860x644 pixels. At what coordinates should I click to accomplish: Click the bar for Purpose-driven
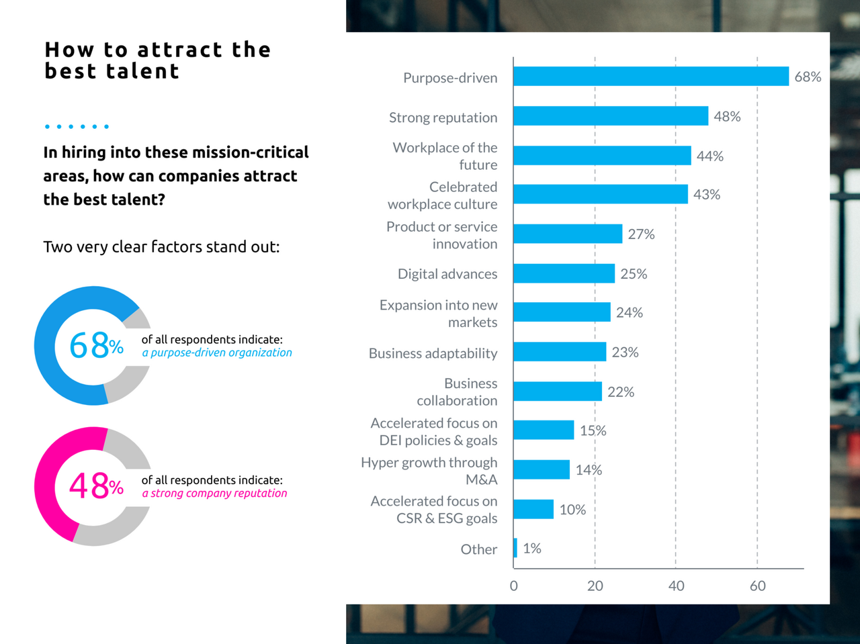point(650,77)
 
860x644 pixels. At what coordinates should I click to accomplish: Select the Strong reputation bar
point(610,116)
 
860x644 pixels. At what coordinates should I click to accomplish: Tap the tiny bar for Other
point(515,548)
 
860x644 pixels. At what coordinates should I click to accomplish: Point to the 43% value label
point(707,195)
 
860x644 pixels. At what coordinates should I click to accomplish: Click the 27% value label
point(641,234)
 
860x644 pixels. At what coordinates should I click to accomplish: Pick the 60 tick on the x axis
point(757,586)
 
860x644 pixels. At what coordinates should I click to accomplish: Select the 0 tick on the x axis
point(514,586)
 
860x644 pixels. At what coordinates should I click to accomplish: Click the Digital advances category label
point(447,274)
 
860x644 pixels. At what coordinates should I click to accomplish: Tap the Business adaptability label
point(433,353)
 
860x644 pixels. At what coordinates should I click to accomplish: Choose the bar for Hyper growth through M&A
point(542,469)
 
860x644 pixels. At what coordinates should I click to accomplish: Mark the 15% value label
point(593,430)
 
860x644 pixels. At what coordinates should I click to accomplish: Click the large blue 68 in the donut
point(89,346)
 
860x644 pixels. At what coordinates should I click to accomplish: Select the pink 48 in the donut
point(89,486)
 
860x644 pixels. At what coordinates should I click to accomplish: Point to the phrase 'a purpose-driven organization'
point(217,353)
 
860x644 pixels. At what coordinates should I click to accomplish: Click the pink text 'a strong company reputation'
point(214,493)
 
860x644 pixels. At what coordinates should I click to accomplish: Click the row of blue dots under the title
point(77,126)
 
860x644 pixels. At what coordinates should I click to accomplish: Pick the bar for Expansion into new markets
point(562,312)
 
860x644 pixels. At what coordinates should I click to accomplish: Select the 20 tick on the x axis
point(595,586)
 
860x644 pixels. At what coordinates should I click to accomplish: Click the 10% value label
point(572,510)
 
